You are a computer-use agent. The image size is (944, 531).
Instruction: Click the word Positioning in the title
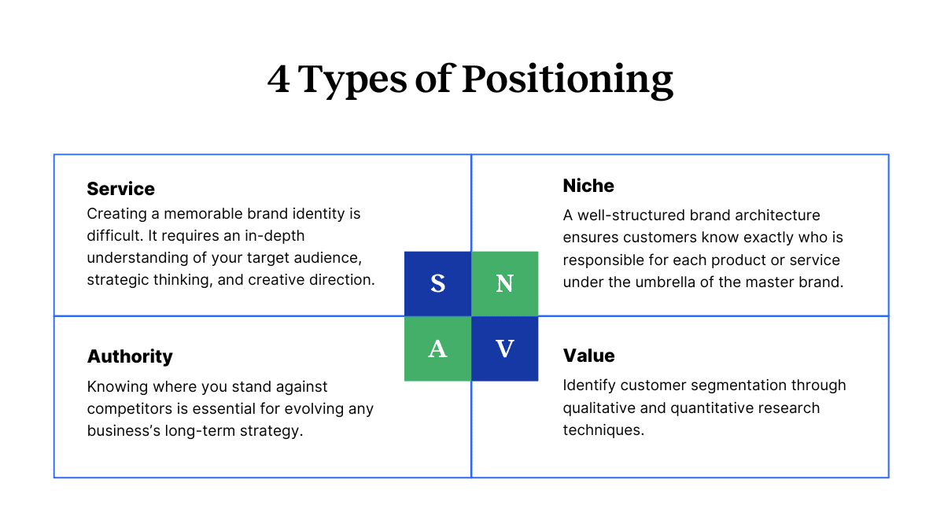567,81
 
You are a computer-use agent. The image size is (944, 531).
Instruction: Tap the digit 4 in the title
278,79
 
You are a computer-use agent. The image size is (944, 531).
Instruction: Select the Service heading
120,189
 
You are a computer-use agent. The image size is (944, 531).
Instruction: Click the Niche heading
588,186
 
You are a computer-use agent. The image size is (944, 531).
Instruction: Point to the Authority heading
130,356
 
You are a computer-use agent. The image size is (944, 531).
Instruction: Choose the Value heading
588,356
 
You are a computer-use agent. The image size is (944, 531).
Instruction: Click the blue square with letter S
438,284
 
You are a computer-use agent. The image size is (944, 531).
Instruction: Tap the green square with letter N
505,284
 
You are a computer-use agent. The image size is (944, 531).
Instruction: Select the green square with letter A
438,349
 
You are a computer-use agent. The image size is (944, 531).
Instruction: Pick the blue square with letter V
505,349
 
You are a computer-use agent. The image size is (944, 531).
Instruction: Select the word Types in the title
352,81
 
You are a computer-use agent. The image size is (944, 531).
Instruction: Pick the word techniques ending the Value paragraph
603,430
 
